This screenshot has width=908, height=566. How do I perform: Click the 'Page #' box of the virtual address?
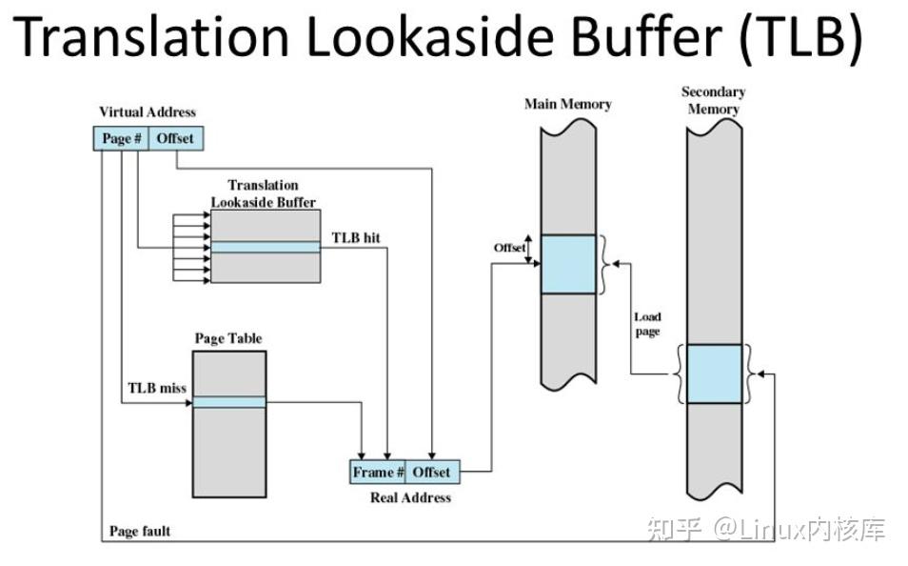[122, 138]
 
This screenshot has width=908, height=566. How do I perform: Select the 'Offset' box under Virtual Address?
[175, 138]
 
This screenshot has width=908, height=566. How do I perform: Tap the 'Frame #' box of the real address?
[378, 472]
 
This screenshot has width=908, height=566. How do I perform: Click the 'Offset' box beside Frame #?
[431, 472]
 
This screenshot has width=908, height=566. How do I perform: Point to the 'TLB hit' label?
[356, 236]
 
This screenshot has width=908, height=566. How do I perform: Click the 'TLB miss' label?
[157, 388]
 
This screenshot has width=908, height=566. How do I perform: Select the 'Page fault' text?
[140, 531]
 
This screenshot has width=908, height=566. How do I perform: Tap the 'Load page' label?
[647, 324]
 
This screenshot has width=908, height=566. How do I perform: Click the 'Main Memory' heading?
[567, 104]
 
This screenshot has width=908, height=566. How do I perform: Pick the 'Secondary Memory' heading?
[713, 100]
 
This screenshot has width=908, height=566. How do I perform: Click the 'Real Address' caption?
[411, 497]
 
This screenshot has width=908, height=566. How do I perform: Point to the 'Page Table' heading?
[228, 338]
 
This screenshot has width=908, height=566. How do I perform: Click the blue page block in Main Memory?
[568, 264]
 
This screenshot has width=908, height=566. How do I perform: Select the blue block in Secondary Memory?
[714, 374]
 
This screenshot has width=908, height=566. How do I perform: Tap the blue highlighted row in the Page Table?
[229, 402]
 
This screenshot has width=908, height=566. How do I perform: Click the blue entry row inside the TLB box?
[266, 248]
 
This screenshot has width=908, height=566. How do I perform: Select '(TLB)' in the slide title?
[800, 38]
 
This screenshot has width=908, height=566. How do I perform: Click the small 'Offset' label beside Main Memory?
[509, 248]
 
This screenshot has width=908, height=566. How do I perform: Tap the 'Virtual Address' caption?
[148, 112]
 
